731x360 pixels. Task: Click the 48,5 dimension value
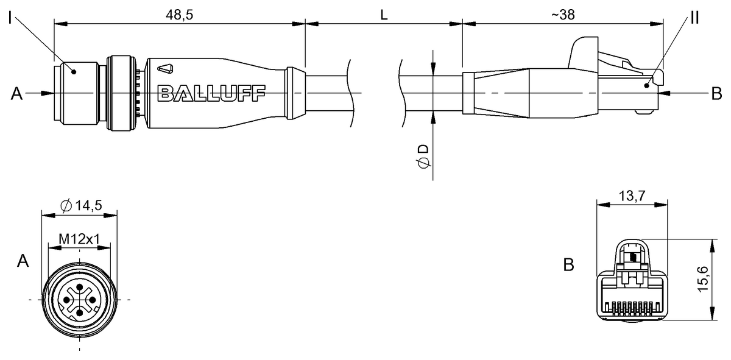click(x=179, y=15)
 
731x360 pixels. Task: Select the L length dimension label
click(x=384, y=15)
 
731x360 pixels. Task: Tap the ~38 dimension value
click(x=563, y=15)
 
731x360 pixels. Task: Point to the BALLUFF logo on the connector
click(x=211, y=93)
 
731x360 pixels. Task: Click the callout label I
click(x=10, y=18)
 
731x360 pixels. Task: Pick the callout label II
click(x=695, y=18)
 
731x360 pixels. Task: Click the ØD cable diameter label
click(x=423, y=157)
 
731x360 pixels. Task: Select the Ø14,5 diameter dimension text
click(x=81, y=206)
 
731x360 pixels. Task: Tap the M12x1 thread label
click(x=79, y=239)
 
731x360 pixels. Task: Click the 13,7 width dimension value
click(x=632, y=196)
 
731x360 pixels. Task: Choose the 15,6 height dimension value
click(x=702, y=280)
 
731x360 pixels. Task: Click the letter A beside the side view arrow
click(x=16, y=94)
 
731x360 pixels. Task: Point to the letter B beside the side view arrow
click(x=716, y=94)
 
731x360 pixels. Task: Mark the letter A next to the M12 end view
click(x=23, y=261)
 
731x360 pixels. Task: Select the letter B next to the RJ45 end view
click(x=568, y=265)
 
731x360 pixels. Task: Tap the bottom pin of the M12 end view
click(x=79, y=313)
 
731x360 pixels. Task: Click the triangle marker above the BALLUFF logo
click(x=165, y=69)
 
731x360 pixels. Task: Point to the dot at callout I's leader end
click(x=74, y=71)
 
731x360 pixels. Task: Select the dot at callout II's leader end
click(x=646, y=85)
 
